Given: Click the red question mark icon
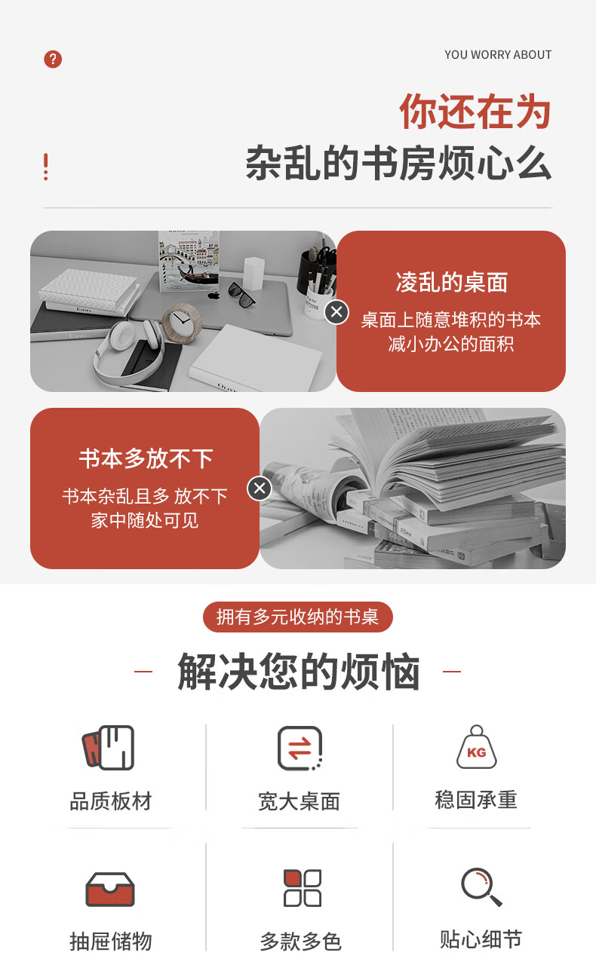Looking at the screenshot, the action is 53,59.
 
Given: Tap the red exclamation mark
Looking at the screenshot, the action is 45,167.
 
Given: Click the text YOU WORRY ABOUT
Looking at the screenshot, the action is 498,55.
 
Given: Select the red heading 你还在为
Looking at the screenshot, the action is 475,112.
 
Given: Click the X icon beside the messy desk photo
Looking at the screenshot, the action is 336,312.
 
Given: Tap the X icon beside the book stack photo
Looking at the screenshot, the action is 260,488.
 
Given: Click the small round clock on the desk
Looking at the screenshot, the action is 182,322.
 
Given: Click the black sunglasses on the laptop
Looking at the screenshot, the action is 241,293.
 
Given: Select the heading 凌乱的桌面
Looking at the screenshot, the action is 451,282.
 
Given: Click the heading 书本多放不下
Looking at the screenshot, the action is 146,458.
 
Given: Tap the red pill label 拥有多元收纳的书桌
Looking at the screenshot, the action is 298,617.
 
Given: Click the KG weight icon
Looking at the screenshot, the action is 477,747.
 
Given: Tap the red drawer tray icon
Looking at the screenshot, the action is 110,890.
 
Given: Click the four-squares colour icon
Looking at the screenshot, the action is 303,888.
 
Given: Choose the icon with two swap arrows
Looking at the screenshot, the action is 300,748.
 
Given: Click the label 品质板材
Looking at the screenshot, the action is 111,801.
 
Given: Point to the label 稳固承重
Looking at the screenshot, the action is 477,800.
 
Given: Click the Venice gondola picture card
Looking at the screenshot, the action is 189,261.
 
